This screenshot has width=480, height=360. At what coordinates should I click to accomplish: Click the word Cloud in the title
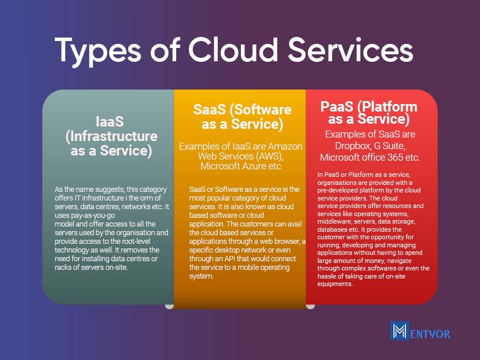coord(233,50)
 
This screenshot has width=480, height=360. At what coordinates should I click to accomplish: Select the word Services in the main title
coord(351,50)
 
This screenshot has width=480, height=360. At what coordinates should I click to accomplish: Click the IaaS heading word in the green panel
coord(110,121)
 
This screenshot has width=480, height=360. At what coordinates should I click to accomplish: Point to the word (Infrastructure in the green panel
coord(111,136)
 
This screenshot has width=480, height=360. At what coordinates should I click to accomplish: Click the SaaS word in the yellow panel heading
coord(210,109)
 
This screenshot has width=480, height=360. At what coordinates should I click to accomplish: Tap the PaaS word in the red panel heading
coord(336,107)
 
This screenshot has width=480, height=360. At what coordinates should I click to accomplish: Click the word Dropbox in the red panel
coord(352,146)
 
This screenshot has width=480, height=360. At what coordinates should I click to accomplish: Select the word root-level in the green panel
coord(136,241)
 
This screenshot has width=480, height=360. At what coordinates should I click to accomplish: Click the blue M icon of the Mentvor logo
coord(400,331)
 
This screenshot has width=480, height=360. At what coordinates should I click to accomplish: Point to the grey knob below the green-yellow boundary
coord(169,306)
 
